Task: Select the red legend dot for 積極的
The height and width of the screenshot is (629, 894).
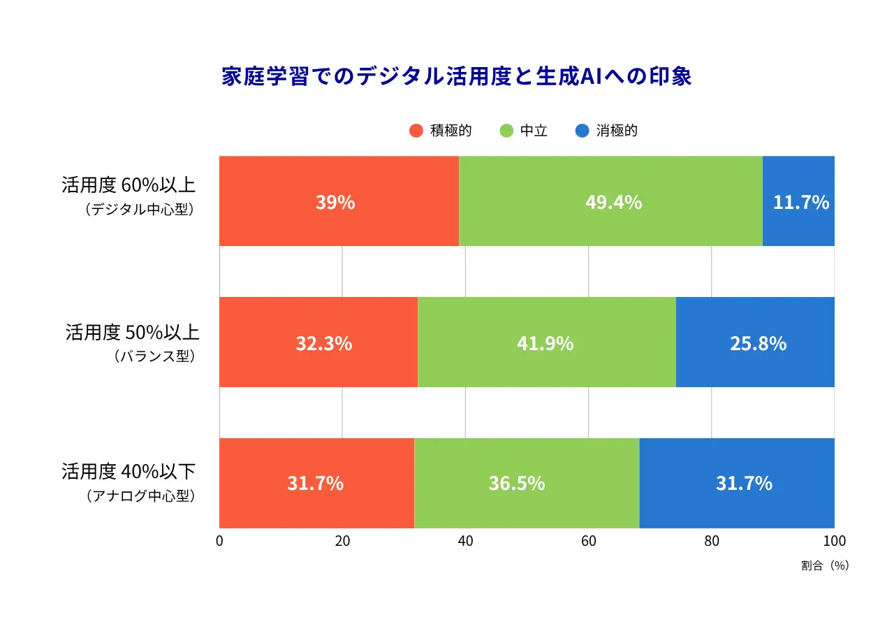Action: [416, 131]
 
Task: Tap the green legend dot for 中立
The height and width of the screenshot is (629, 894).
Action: [507, 131]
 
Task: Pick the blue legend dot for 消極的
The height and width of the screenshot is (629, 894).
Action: [582, 131]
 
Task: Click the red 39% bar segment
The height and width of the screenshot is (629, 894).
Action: [339, 201]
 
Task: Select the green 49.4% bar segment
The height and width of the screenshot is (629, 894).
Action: [610, 201]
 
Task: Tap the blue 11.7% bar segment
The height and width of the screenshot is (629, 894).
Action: [798, 201]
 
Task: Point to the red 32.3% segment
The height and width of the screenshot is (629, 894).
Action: [318, 342]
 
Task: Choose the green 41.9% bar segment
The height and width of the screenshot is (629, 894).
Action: [546, 342]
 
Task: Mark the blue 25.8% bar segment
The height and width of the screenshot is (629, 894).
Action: [755, 342]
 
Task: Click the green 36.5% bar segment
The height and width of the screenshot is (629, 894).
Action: [527, 483]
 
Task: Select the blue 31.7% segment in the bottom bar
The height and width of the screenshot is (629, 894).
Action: [737, 483]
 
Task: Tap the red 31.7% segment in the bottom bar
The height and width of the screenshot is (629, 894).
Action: [316, 483]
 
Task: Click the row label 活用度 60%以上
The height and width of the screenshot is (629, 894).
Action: [129, 186]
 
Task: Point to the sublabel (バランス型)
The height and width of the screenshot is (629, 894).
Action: [154, 356]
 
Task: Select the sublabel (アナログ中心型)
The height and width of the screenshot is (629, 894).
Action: [140, 496]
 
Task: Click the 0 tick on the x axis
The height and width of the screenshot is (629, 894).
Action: [219, 541]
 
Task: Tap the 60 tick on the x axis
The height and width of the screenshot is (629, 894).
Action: [588, 541]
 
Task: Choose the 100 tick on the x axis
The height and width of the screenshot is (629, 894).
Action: [834, 541]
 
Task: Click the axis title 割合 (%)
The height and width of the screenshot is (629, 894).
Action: [825, 566]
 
